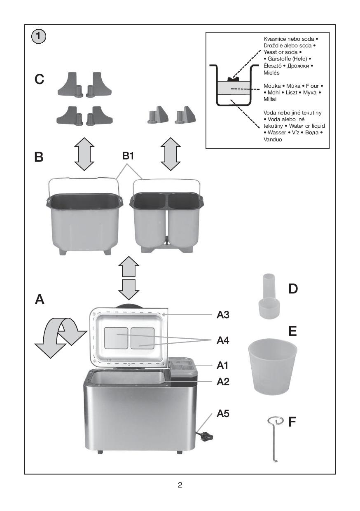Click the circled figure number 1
(x=38, y=37)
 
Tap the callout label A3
(x=226, y=315)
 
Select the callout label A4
(x=226, y=340)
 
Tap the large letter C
(x=40, y=80)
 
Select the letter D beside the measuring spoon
(x=293, y=288)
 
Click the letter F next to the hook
(x=292, y=422)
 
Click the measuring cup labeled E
(x=273, y=364)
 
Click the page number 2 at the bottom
(x=180, y=485)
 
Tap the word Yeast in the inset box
(x=271, y=52)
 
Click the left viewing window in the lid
(x=116, y=338)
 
